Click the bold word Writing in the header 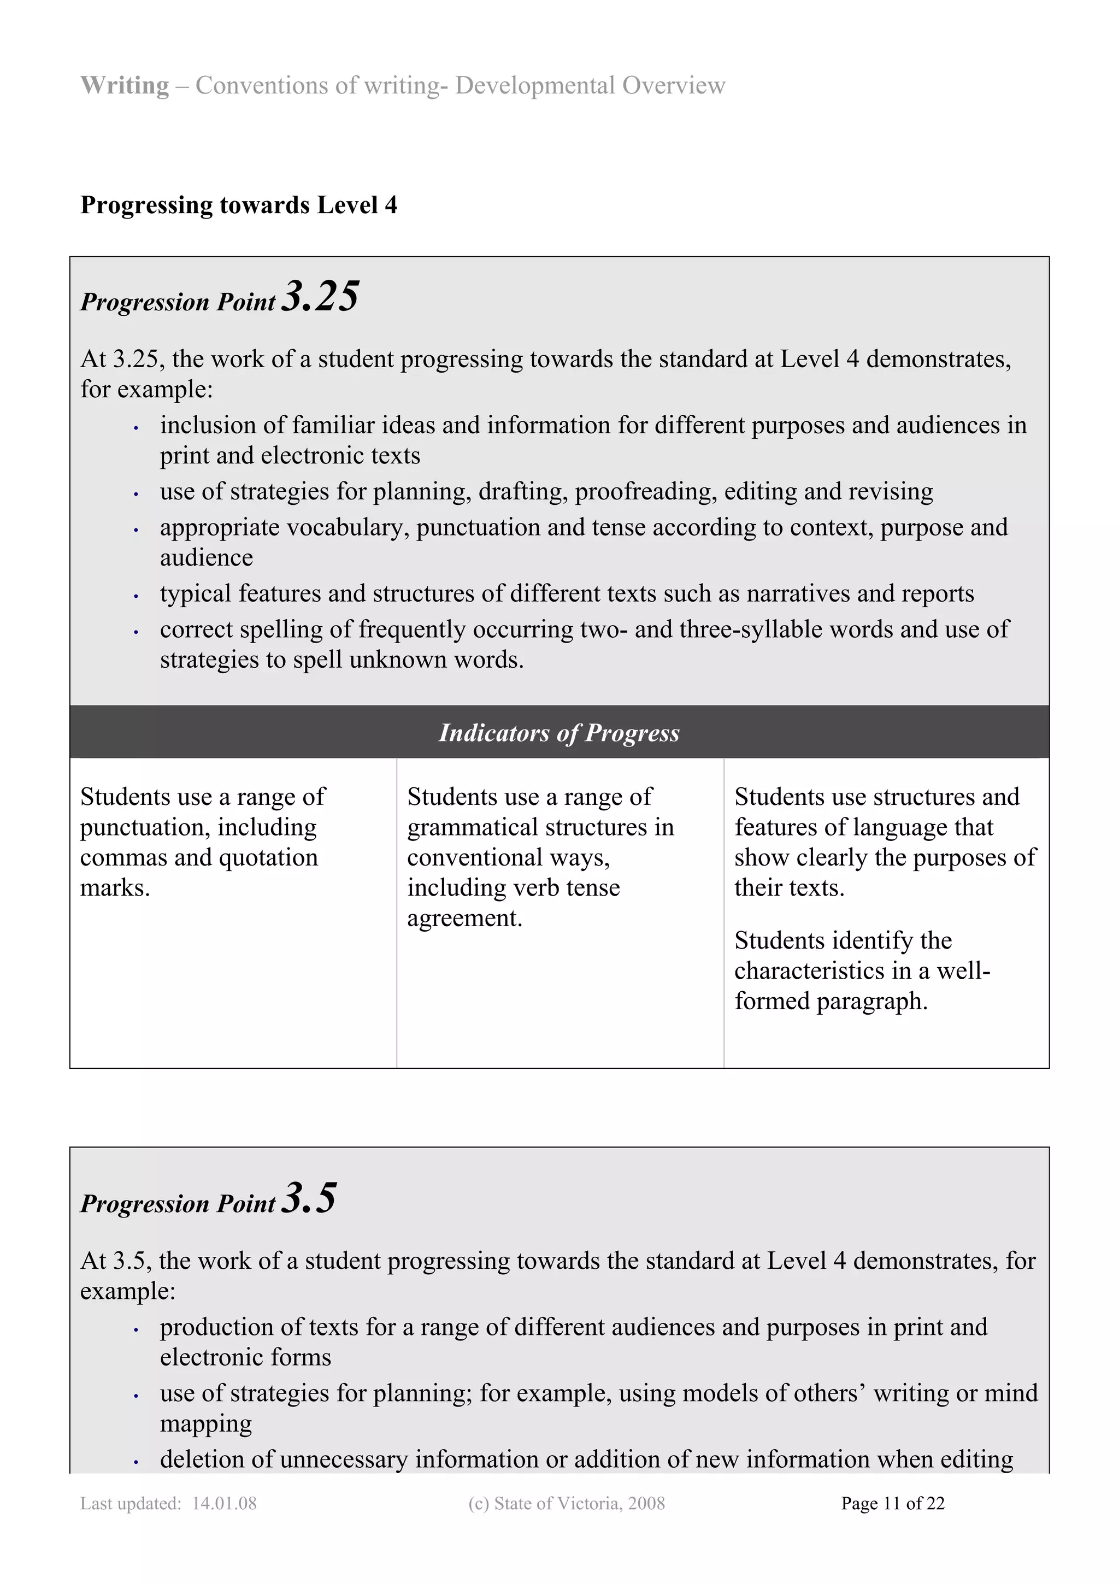click(125, 85)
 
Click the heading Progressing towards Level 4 click(239, 205)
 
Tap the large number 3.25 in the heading click(320, 297)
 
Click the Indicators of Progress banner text click(559, 732)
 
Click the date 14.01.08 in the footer click(224, 1504)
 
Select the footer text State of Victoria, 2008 click(579, 1504)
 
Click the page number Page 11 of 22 click(892, 1504)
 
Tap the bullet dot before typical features click(137, 596)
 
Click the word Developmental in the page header click(535, 85)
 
